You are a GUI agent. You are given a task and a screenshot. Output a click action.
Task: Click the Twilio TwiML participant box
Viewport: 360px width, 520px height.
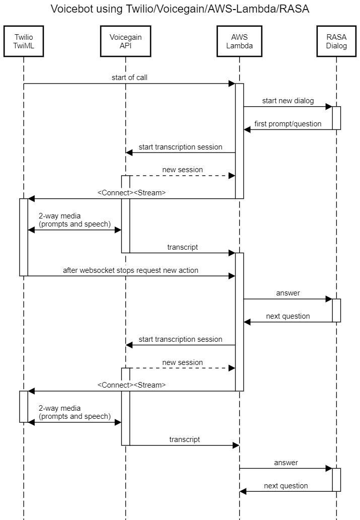pos(23,41)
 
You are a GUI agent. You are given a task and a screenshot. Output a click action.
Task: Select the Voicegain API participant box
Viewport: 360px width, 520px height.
pos(125,41)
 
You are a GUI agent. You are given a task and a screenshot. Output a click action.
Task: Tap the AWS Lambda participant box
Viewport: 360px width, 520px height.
pos(239,41)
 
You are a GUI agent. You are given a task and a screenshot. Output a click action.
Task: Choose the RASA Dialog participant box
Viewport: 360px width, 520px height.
pos(336,41)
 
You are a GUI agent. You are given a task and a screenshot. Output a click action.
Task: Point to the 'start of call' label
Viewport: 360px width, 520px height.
pos(129,78)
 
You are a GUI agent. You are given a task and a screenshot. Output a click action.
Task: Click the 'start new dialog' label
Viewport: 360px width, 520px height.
pos(287,101)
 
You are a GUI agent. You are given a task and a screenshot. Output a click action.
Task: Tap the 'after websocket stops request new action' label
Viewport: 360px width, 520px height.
pos(130,270)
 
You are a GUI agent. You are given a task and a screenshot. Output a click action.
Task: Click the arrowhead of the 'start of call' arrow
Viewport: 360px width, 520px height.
pos(232,84)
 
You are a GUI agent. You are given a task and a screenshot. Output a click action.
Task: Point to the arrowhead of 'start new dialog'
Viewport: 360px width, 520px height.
pos(329,107)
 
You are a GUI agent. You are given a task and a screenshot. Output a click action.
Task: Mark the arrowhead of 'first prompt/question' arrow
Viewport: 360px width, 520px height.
pos(247,129)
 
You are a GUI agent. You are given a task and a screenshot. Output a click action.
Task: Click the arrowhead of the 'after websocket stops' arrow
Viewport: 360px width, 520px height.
pos(232,276)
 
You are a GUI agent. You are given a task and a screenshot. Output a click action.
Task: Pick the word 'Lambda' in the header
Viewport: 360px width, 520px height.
pos(239,46)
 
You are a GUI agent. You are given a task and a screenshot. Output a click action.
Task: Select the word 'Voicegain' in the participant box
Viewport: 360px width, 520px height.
pos(125,37)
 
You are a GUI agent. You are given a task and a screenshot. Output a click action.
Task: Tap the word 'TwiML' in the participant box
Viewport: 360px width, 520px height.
pos(23,46)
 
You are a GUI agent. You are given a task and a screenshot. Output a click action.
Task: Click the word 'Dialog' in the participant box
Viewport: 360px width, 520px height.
pos(336,46)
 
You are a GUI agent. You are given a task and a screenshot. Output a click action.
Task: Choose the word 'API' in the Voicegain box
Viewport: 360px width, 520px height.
pos(125,46)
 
